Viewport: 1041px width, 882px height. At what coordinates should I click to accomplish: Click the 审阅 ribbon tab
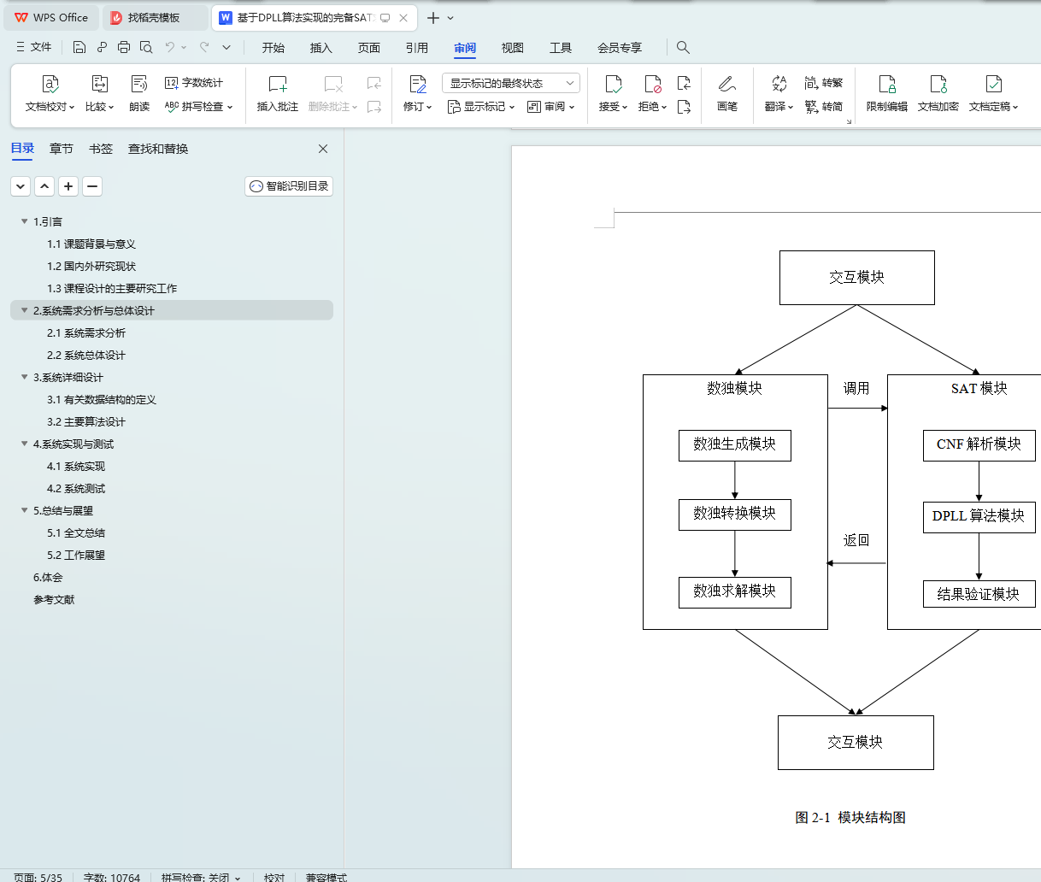click(465, 48)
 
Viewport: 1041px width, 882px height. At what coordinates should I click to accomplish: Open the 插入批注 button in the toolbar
click(278, 93)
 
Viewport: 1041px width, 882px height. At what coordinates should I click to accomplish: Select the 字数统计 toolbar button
click(194, 83)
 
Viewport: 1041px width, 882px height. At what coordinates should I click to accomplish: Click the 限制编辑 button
click(886, 93)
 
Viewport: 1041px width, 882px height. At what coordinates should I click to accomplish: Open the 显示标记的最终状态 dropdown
click(511, 83)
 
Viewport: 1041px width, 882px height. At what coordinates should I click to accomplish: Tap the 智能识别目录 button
click(289, 186)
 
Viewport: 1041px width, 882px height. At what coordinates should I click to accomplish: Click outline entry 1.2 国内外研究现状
click(91, 267)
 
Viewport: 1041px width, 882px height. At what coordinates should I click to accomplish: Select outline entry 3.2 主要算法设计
click(86, 422)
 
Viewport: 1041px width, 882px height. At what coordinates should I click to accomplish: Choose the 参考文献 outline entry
click(54, 600)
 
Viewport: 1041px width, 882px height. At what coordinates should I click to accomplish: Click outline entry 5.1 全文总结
click(76, 533)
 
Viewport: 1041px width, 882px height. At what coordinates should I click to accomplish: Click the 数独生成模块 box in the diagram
click(734, 444)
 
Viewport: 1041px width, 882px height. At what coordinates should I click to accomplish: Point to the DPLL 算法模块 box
click(979, 516)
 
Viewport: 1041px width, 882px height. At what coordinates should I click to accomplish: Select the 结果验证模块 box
click(979, 594)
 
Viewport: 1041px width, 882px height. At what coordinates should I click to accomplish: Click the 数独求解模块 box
click(734, 591)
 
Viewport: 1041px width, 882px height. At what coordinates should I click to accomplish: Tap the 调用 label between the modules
click(856, 389)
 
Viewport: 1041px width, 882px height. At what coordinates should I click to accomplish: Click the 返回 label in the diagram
click(856, 540)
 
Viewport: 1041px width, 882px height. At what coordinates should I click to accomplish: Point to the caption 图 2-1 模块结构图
click(850, 818)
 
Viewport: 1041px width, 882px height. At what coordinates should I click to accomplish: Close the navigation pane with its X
click(323, 149)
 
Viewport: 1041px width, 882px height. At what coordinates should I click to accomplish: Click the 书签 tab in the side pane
click(101, 149)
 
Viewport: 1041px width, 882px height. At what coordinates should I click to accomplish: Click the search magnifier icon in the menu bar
click(683, 48)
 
